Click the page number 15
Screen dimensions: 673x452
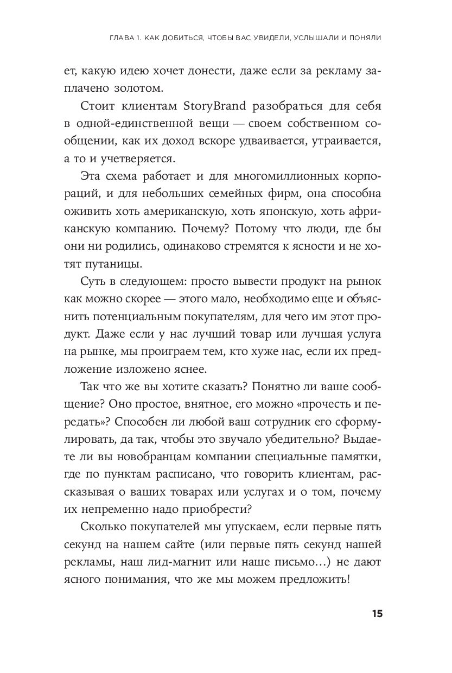[x=377, y=614]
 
